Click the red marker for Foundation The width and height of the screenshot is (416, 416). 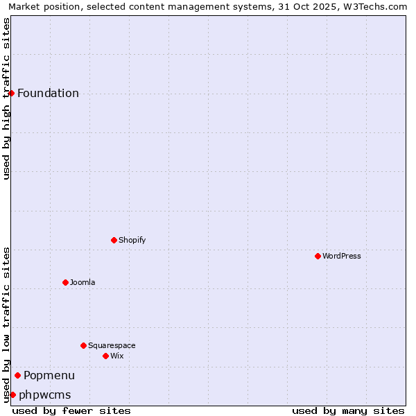click(x=12, y=93)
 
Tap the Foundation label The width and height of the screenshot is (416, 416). click(x=48, y=94)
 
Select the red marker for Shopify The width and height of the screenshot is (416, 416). click(x=114, y=240)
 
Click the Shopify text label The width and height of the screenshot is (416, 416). click(x=132, y=241)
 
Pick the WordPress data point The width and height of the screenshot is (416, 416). click(x=318, y=256)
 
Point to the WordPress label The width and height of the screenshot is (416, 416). click(x=341, y=257)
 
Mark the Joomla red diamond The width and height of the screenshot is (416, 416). click(x=65, y=282)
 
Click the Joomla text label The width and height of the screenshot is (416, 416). click(x=83, y=283)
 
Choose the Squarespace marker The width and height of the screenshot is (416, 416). click(x=83, y=345)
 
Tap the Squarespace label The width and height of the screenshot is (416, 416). click(x=112, y=346)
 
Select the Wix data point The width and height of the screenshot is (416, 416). click(x=105, y=356)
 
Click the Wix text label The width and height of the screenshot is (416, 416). click(x=116, y=356)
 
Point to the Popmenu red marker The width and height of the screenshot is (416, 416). click(x=17, y=375)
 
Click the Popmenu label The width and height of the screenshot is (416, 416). click(x=49, y=376)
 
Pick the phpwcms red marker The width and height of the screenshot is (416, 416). click(x=12, y=395)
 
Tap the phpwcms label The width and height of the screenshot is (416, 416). click(x=45, y=395)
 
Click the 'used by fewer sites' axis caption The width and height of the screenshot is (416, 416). click(x=71, y=410)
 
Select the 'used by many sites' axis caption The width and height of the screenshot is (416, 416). click(x=348, y=410)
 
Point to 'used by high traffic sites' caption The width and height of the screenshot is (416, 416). click(x=7, y=98)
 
